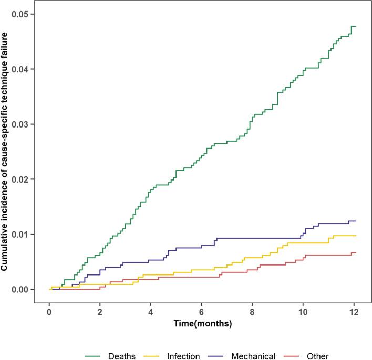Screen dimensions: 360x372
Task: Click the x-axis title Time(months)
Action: pyautogui.click(x=202, y=324)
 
